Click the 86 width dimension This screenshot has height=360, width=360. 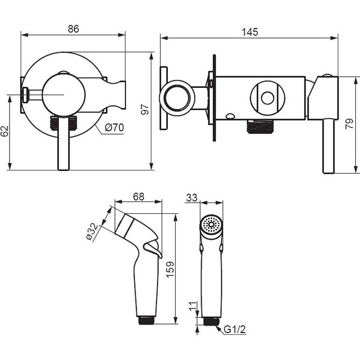[74, 29]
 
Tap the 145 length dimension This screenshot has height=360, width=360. [250, 32]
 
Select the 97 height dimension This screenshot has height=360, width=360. [145, 109]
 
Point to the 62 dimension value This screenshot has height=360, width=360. [4, 131]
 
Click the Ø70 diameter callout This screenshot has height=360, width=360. [114, 128]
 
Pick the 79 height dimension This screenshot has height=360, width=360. [349, 124]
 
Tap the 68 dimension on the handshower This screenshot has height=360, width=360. [139, 197]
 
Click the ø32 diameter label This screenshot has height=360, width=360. [92, 232]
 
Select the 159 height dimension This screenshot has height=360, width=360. [170, 270]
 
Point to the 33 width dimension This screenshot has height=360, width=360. [192, 197]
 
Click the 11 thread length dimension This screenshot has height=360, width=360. [193, 306]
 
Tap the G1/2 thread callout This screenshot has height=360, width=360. [235, 329]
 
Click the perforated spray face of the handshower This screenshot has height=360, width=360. [211, 224]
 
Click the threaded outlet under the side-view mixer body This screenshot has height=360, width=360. [260, 127]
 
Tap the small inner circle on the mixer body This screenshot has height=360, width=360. [267, 98]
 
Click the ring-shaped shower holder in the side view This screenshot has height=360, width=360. [177, 98]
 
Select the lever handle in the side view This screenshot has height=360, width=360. [328, 146]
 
